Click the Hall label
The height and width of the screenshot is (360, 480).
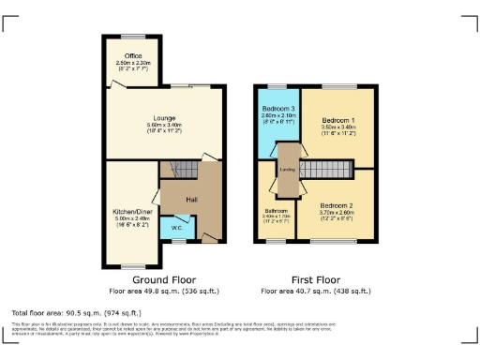pyautogui.click(x=190, y=200)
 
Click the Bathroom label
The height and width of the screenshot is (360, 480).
pyautogui.click(x=276, y=211)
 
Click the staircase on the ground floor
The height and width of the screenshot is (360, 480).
pyautogui.click(x=180, y=170)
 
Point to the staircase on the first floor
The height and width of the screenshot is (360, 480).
pyautogui.click(x=330, y=170)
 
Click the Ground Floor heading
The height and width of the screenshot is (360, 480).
pyautogui.click(x=162, y=279)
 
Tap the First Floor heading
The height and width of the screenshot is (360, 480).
pyautogui.click(x=314, y=279)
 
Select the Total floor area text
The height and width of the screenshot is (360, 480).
pyautogui.click(x=76, y=312)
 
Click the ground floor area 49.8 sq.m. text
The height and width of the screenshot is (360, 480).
pyautogui.click(x=162, y=292)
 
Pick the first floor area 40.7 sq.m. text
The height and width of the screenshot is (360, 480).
pyautogui.click(x=314, y=292)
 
